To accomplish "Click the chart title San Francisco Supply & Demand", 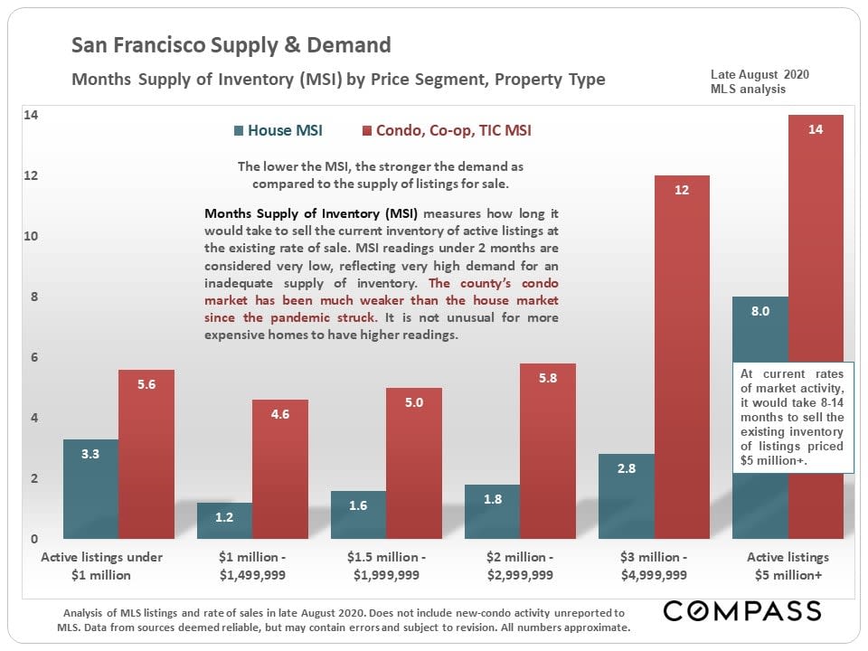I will pos(231,45).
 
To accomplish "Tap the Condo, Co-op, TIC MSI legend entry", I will pos(447,130).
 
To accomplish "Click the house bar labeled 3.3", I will pos(90,488).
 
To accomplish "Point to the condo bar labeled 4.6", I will pos(280,469).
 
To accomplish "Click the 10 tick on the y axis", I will pos(32,237).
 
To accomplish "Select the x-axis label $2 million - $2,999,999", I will pos(519,566).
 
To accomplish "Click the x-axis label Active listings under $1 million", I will pos(101,566).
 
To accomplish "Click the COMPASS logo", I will pos(742,610).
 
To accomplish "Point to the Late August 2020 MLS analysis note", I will pos(749,81).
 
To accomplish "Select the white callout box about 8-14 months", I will pos(793,418).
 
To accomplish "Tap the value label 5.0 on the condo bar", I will pos(414,402).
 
